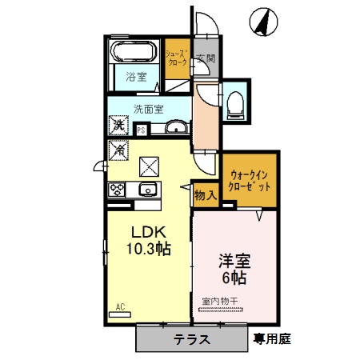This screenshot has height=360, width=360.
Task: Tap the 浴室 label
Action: [136, 77]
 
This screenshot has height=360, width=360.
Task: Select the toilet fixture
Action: [235, 102]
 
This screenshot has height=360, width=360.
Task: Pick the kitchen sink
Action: [147, 190]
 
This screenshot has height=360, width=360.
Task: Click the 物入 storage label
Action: [205, 194]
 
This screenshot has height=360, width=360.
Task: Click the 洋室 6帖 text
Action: [233, 268]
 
